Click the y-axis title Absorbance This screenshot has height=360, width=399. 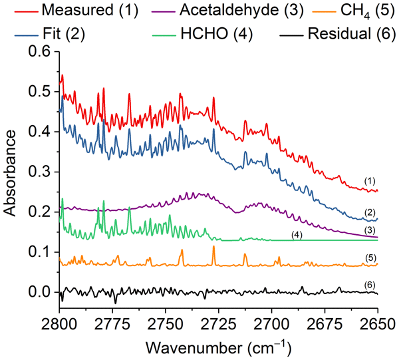[11, 172]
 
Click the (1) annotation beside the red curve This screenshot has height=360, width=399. [371, 180]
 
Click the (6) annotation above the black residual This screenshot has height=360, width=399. [371, 284]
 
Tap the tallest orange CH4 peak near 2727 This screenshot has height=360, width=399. [213, 248]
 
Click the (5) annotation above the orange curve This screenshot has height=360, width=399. [371, 257]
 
